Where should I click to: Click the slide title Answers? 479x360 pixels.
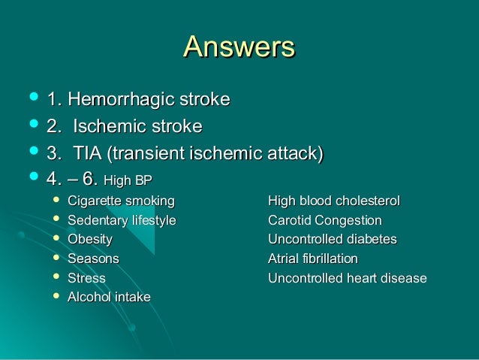tap(239, 47)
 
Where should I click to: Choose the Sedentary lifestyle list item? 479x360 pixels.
tap(122, 220)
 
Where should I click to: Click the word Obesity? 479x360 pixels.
tap(90, 240)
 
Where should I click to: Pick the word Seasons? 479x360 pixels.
tap(93, 259)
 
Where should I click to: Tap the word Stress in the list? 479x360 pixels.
tap(86, 278)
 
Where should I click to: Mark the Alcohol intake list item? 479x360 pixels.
tap(109, 297)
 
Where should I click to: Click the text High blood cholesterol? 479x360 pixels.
tap(334, 201)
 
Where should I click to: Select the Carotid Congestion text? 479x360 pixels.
tap(324, 220)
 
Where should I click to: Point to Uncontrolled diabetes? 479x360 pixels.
tap(332, 240)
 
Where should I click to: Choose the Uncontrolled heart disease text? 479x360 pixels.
tap(347, 278)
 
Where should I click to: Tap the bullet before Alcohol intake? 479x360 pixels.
tap(53, 297)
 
